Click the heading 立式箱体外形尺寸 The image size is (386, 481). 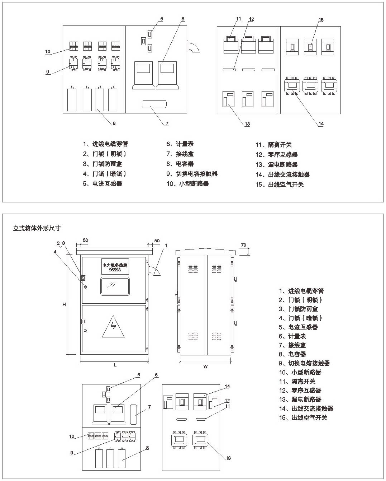[37, 228]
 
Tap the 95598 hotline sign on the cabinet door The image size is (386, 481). [115, 267]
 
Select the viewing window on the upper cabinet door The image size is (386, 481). [115, 286]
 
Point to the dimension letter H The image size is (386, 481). [64, 304]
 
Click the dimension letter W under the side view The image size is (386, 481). [205, 366]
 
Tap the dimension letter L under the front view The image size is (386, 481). [115, 365]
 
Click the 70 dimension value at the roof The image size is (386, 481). [244, 245]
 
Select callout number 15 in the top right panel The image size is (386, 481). [321, 20]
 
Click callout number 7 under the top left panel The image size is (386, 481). [167, 123]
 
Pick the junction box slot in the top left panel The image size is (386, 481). [154, 104]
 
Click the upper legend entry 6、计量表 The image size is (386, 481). [180, 144]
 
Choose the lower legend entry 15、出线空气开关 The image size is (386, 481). [303, 417]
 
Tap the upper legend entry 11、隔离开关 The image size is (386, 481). [273, 145]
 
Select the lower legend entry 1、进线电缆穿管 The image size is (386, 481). [301, 291]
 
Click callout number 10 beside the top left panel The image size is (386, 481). [48, 52]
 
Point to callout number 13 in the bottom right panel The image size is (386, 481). [228, 458]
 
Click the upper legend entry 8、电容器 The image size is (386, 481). [180, 164]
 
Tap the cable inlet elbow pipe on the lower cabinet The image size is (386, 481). [154, 270]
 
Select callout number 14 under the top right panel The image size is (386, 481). [321, 123]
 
